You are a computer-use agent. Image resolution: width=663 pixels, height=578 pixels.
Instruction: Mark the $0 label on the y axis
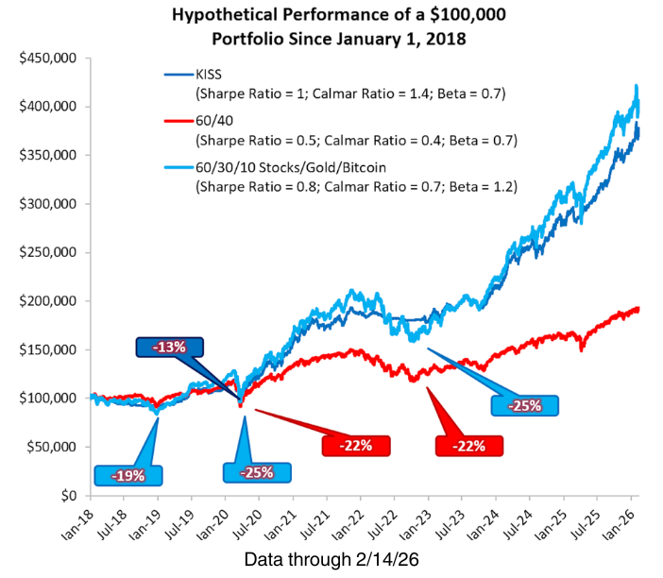tap(69, 495)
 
